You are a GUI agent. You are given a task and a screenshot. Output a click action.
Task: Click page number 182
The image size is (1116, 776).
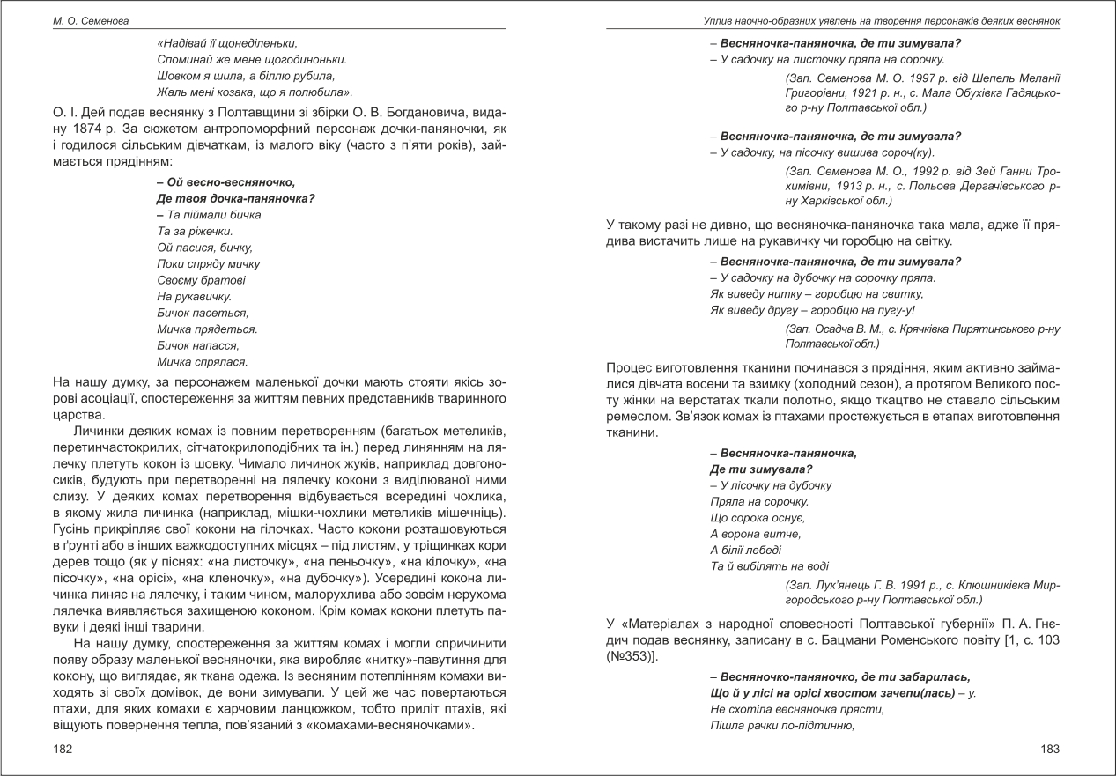pos(63,748)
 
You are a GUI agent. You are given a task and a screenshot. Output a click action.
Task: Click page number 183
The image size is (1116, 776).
pos(1051,748)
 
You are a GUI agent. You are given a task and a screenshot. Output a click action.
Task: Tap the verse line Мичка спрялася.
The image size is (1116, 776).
pos(202,361)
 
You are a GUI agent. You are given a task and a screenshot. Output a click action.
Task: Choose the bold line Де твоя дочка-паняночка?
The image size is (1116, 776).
pos(235,198)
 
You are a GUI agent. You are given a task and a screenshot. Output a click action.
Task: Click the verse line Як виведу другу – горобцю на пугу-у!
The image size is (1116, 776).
pos(812,310)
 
